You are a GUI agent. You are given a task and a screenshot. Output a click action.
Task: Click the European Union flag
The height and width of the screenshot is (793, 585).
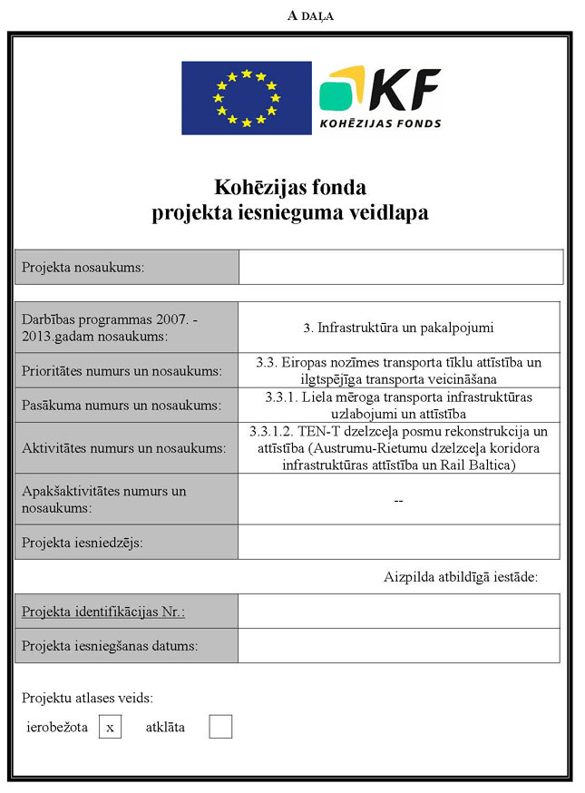(246, 98)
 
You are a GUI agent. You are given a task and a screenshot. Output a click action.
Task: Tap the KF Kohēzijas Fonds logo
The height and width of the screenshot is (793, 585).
(381, 98)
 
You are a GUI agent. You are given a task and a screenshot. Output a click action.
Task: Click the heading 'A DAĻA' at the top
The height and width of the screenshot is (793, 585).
(310, 15)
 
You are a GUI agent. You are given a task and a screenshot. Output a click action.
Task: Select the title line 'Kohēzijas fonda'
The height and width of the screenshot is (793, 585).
(290, 189)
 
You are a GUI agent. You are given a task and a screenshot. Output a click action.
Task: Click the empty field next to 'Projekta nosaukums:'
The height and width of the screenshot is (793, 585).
(400, 268)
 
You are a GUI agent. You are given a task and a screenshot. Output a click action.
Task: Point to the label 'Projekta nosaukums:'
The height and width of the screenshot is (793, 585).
(83, 268)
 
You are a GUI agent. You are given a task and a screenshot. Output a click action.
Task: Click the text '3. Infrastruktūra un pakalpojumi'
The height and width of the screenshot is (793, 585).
(398, 327)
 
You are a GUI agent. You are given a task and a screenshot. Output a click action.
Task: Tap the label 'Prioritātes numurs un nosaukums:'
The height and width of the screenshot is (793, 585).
(122, 371)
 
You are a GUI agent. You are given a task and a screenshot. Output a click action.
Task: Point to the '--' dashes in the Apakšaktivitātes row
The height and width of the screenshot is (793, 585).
(398, 501)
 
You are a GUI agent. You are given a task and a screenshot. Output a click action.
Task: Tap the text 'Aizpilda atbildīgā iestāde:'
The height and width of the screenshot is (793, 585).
(461, 576)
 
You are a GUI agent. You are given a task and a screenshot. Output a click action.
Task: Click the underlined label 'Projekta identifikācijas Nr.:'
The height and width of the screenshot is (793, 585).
(103, 612)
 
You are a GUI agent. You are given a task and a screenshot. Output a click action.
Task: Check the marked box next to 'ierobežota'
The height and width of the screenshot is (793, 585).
(110, 727)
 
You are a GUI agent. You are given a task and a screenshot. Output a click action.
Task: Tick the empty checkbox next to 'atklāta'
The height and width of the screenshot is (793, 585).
(220, 727)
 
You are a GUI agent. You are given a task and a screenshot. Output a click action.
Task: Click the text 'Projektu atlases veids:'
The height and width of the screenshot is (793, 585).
(87, 698)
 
